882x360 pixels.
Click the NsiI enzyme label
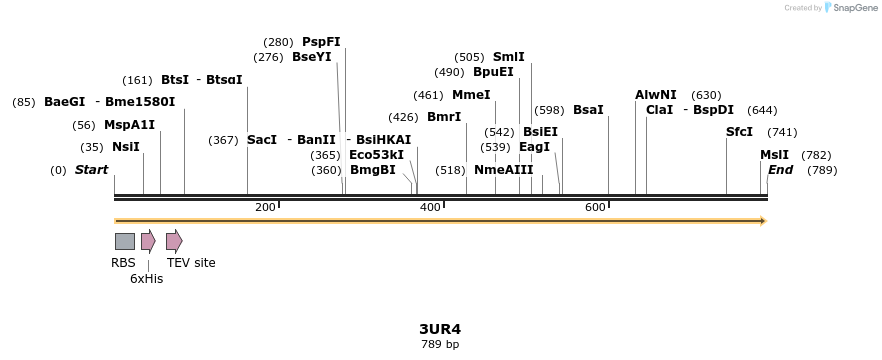(x=125, y=147)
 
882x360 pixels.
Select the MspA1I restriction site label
(x=130, y=125)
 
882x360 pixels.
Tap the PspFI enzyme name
(x=321, y=42)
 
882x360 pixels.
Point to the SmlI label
(x=508, y=57)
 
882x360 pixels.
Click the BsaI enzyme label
(x=588, y=110)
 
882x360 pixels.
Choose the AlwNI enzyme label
(x=655, y=95)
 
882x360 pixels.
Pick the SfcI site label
(x=739, y=132)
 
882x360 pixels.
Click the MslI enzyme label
(x=774, y=155)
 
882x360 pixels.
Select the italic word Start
(x=91, y=170)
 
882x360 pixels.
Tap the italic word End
(x=780, y=170)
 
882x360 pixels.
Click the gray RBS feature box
(x=125, y=241)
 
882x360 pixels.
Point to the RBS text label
(x=123, y=263)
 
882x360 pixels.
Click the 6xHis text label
(x=146, y=279)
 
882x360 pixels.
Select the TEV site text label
(x=191, y=263)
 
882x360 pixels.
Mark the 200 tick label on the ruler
(x=265, y=207)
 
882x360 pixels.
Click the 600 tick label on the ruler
(x=595, y=207)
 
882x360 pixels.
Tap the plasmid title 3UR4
(x=440, y=328)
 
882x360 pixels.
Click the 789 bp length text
(x=440, y=344)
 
